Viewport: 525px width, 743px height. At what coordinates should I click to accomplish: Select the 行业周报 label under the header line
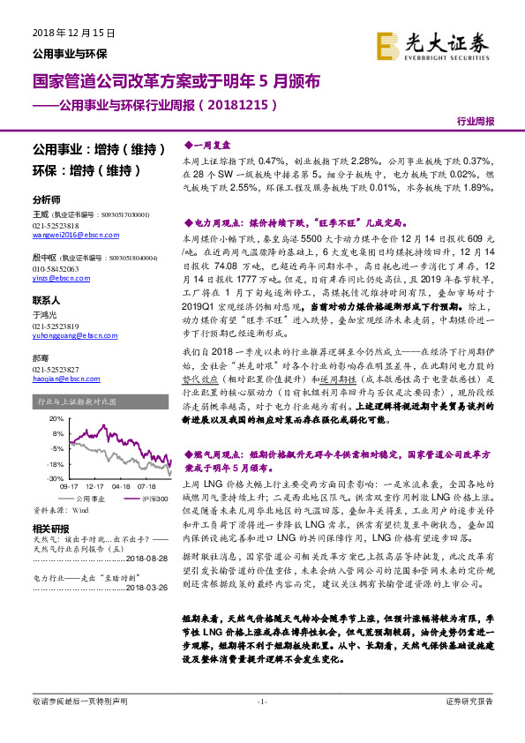point(476,123)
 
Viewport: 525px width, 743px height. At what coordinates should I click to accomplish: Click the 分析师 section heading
point(46,199)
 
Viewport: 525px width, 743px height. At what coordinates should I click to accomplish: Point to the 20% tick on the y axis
point(57,418)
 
